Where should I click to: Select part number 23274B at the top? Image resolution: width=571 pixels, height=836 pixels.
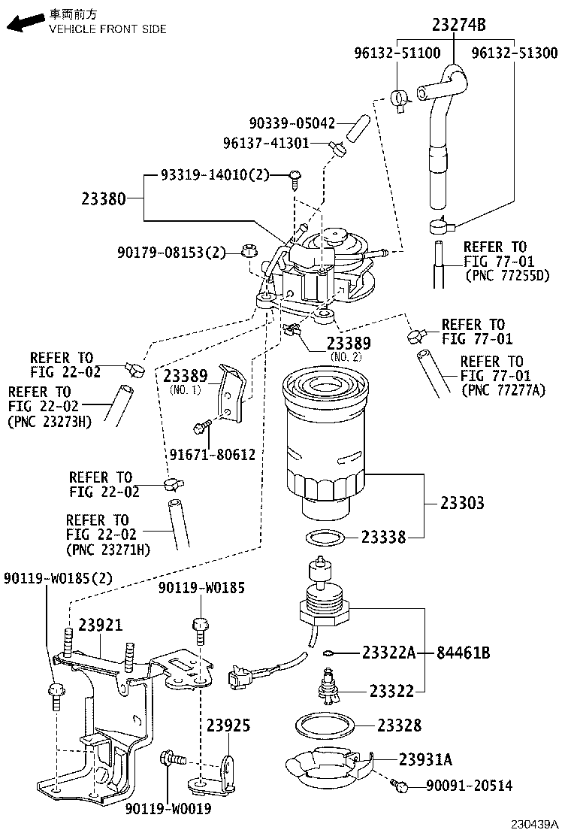tap(458, 26)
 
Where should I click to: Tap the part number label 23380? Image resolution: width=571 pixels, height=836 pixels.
tap(102, 199)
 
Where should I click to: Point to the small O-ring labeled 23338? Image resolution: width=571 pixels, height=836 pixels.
tap(327, 538)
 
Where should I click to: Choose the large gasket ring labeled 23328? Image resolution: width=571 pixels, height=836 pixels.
tap(325, 726)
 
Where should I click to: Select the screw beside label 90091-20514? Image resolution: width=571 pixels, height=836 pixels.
tap(400, 786)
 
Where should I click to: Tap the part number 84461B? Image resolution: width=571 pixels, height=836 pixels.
tap(464, 653)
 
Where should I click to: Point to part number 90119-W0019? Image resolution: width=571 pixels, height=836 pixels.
tap(168, 809)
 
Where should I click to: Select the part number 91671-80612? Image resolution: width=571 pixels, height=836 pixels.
tap(212, 455)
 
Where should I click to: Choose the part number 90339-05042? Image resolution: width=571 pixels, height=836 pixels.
tap(292, 123)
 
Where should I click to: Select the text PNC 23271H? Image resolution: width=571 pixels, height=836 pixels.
tap(109, 550)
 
